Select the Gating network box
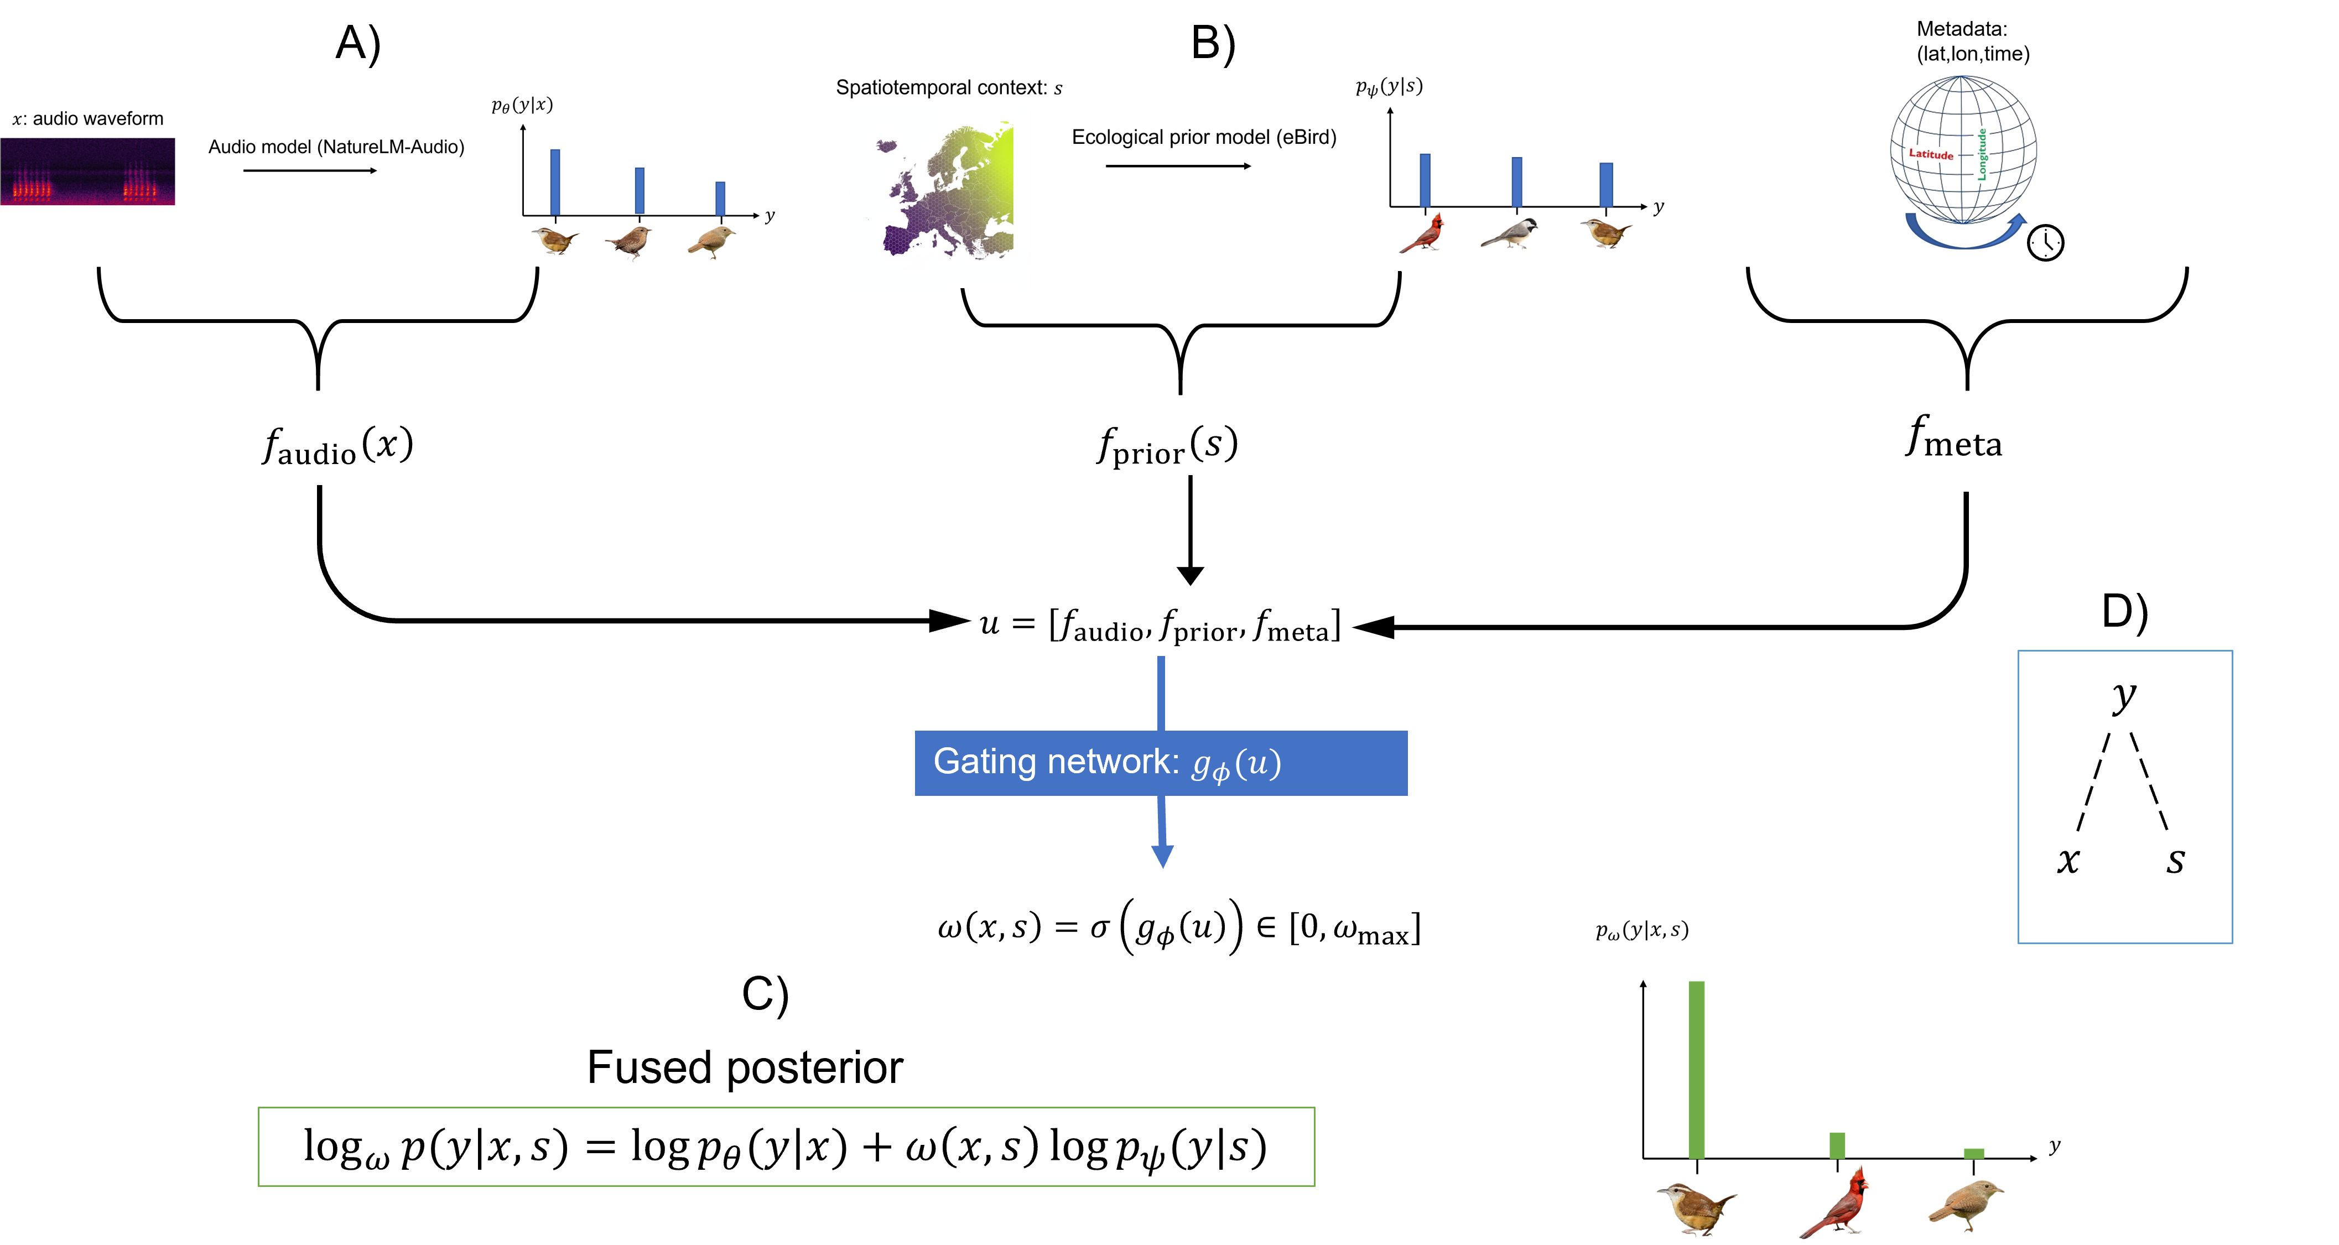(x=1161, y=763)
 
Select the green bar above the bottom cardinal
(x=1837, y=1145)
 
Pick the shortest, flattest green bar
(x=1974, y=1153)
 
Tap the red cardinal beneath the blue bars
(x=1424, y=235)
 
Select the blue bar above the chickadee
(x=1516, y=181)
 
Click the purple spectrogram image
(x=87, y=171)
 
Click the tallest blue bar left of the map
(x=555, y=181)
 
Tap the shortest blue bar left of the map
(x=720, y=198)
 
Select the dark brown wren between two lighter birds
(x=629, y=242)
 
